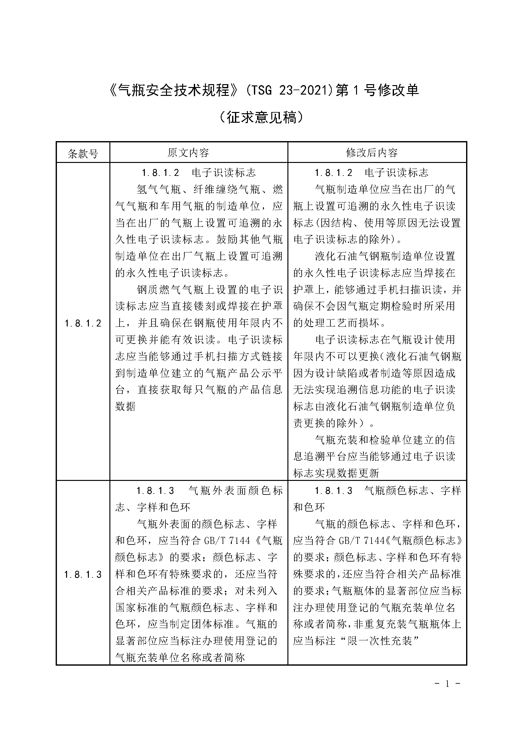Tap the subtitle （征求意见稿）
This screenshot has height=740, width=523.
(x=261, y=118)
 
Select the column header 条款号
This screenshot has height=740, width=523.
(x=83, y=154)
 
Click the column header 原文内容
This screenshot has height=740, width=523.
(x=188, y=153)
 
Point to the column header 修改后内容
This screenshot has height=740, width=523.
(x=372, y=153)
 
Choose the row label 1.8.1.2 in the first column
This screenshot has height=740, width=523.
(x=83, y=323)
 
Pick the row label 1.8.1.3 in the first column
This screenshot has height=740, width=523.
(x=83, y=574)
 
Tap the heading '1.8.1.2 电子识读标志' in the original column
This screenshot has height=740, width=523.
(x=199, y=173)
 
